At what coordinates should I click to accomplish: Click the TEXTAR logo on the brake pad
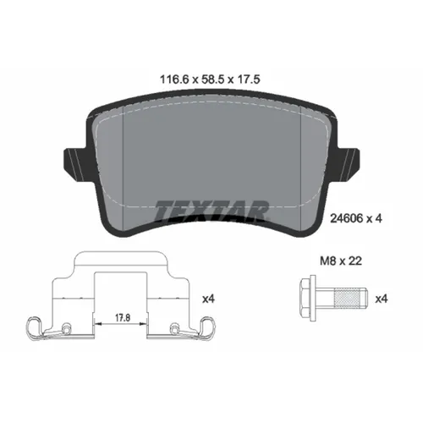click(x=211, y=207)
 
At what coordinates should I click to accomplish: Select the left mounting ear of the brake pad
click(x=73, y=162)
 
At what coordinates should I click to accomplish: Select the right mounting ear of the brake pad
click(x=349, y=162)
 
